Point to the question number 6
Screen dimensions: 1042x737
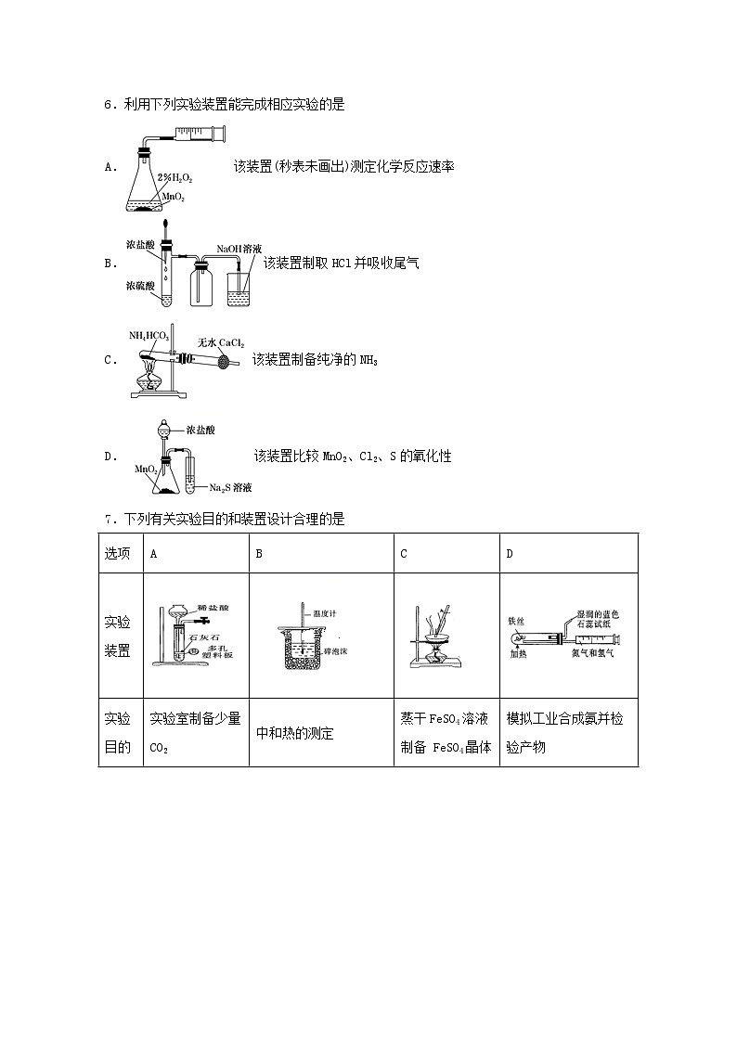pos(108,105)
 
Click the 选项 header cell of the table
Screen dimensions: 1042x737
pos(119,553)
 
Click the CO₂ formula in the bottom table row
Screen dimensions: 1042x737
pos(159,748)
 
